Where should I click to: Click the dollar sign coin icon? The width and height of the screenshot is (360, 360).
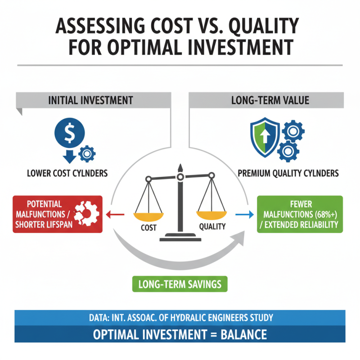coord(70,133)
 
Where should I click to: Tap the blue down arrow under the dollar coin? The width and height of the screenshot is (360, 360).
coord(70,157)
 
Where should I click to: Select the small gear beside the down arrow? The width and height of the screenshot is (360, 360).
coord(87,153)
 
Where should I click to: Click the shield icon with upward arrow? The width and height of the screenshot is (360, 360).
coord(265,137)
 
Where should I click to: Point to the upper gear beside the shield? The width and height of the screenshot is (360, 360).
coord(293,131)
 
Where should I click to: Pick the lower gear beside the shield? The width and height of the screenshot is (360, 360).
coord(288,151)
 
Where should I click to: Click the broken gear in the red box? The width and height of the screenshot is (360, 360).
coord(87,213)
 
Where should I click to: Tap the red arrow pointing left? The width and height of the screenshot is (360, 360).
coord(115,215)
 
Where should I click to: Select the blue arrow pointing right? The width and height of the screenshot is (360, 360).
coord(244,215)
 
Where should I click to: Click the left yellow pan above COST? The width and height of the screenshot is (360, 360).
coord(148,217)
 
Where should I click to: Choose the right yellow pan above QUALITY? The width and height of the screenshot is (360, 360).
coord(211,215)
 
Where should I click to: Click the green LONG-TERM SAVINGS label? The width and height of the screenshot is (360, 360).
coord(180,284)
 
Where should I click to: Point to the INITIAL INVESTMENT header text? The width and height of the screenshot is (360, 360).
coord(90,100)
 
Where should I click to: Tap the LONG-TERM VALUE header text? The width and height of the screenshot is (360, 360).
coord(270,100)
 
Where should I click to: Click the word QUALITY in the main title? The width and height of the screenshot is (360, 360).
coord(264,26)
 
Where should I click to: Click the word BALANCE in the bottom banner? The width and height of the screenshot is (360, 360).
coord(243,334)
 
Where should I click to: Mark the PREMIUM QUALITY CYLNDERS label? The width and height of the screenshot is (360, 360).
coord(288,173)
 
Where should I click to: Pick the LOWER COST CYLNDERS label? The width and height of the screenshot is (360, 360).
coord(67,173)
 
